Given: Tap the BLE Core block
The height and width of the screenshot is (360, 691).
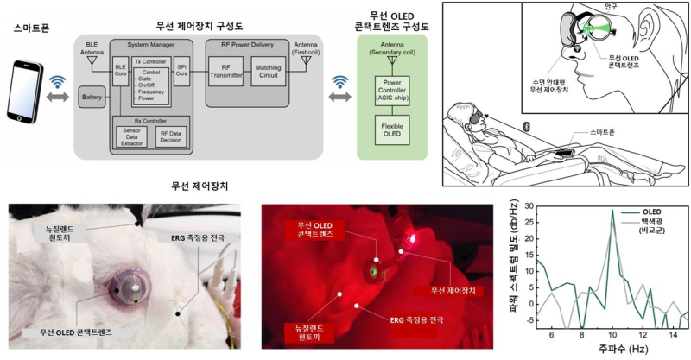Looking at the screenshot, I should [x=120, y=70].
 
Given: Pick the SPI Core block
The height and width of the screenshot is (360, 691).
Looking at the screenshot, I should [x=182, y=70].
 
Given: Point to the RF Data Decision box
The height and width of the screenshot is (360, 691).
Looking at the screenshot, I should [x=170, y=137].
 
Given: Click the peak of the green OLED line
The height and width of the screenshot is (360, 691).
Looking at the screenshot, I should [x=612, y=210].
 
